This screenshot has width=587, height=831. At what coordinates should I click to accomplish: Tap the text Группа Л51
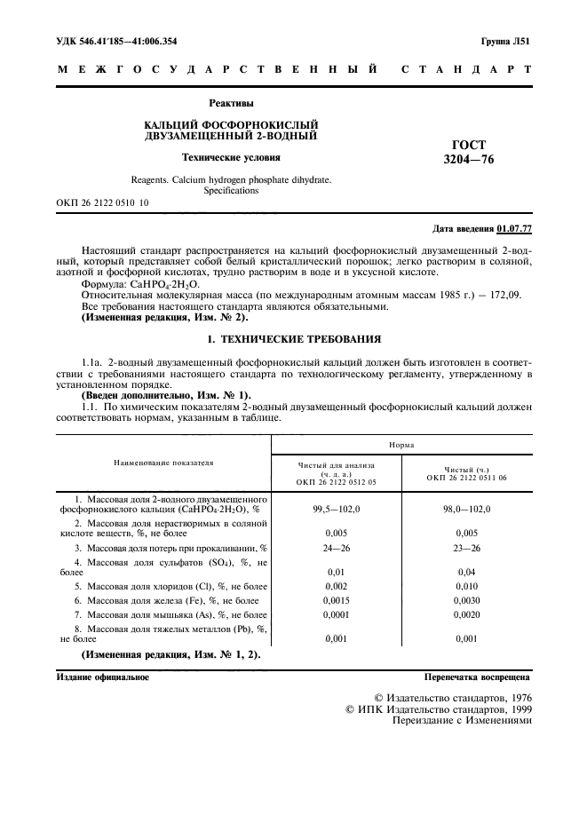[506, 41]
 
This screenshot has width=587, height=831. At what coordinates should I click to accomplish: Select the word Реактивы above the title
[231, 104]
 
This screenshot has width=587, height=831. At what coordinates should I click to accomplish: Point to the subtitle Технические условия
[231, 158]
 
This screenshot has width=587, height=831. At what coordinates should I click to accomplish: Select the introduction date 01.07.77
[513, 229]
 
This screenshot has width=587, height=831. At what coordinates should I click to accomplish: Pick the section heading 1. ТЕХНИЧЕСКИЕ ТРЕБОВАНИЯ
[294, 338]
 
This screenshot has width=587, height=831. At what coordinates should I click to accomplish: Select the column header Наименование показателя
[163, 463]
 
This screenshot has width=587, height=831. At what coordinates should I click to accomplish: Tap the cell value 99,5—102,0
[336, 509]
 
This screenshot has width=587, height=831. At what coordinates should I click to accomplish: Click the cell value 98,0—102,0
[467, 509]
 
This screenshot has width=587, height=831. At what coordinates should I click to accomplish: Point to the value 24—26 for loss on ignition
[336, 549]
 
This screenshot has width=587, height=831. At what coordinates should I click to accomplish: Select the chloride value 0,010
[467, 587]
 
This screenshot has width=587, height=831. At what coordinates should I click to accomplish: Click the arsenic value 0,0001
[336, 614]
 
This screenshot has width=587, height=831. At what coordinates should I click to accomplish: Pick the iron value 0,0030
[467, 601]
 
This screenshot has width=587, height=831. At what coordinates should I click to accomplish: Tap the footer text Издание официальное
[102, 677]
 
